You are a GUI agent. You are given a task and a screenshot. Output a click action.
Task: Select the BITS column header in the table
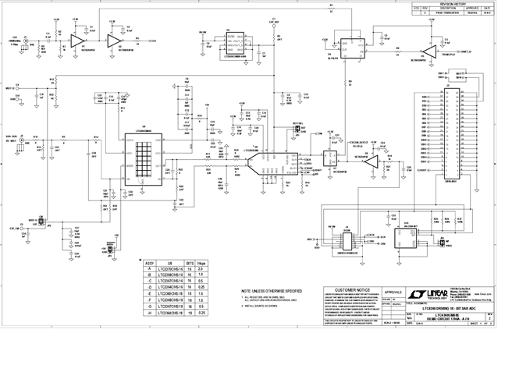188,264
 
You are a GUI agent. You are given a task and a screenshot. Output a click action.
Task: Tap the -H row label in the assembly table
148,313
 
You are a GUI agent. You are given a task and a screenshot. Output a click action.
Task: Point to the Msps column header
201,264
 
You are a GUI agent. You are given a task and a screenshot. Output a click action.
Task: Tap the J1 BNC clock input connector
26,38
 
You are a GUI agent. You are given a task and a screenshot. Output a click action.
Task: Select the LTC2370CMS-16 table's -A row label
148,269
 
